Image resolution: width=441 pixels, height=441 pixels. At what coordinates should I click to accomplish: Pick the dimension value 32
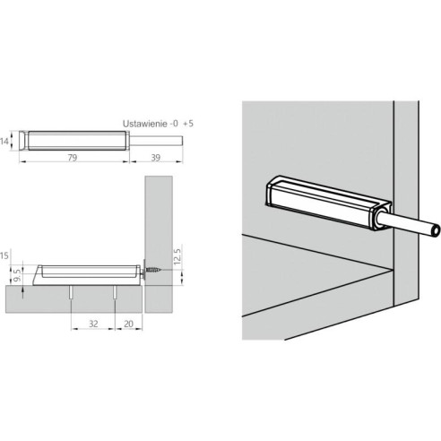92,325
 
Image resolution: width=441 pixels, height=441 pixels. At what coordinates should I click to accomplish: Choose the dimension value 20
128,325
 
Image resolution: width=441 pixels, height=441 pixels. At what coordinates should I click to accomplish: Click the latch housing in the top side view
75,140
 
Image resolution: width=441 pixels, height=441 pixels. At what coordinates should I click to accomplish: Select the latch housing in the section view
85,269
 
